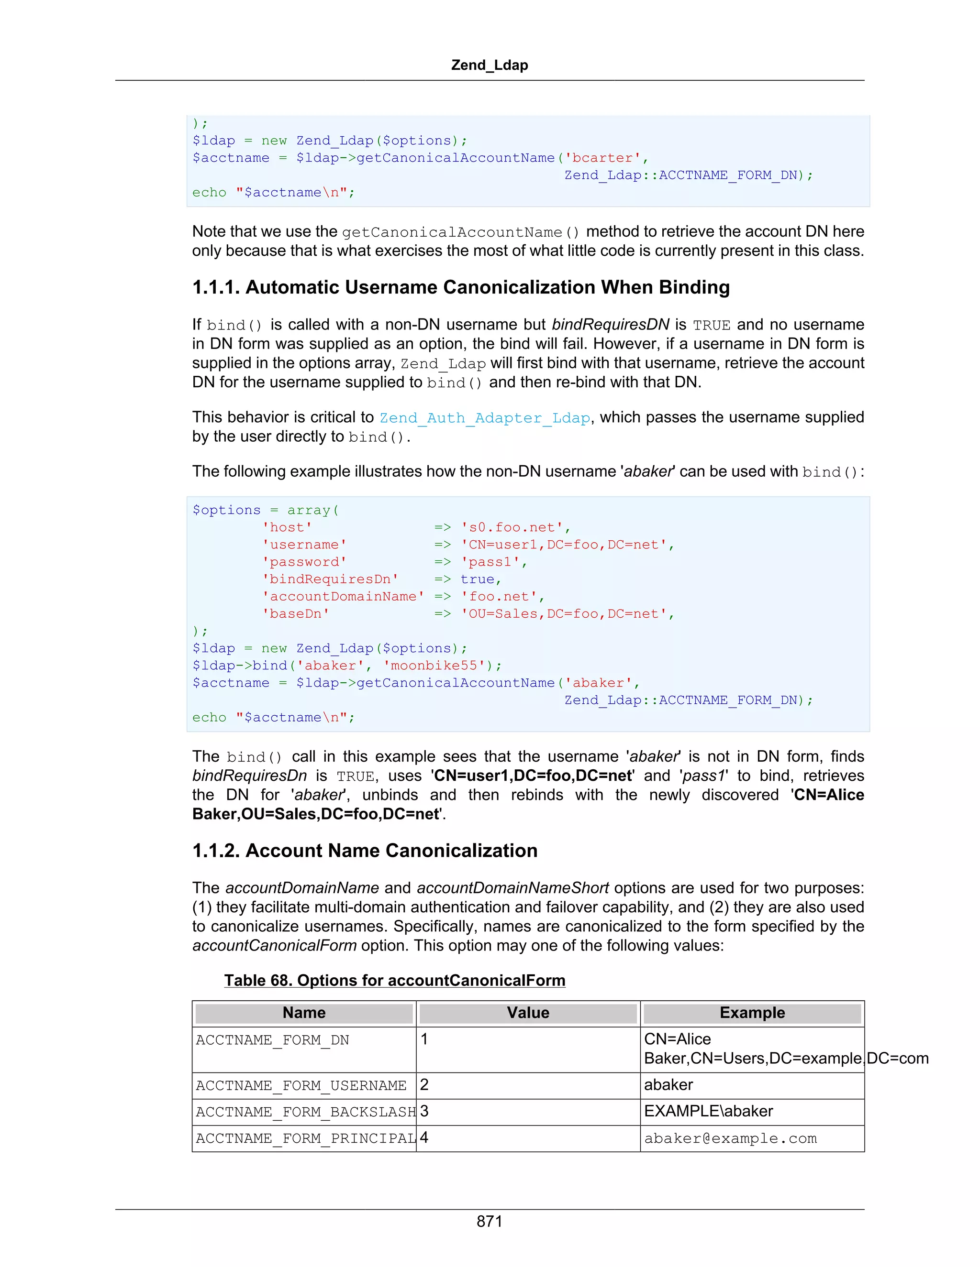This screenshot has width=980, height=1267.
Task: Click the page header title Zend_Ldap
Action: point(490,65)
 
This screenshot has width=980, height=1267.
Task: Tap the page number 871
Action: point(490,1221)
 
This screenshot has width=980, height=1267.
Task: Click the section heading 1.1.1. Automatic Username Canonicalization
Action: point(460,287)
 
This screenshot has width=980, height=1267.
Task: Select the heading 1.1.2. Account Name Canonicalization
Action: point(365,851)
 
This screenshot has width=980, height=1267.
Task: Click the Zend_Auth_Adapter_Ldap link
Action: point(485,418)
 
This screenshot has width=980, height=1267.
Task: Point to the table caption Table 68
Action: point(394,981)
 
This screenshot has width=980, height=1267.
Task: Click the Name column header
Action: point(304,1013)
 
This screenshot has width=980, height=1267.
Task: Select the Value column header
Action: point(528,1013)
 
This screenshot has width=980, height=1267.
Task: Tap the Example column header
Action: point(752,1013)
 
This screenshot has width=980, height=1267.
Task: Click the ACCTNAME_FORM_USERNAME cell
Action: point(301,1085)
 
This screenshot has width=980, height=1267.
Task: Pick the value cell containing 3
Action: point(424,1112)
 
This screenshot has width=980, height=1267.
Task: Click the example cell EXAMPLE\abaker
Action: point(708,1112)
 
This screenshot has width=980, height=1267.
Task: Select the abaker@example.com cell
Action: point(730,1138)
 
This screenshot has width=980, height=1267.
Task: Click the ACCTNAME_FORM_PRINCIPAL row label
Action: point(305,1138)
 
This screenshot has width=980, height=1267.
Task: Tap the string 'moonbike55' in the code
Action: point(438,666)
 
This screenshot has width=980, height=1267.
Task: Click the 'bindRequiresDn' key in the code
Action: point(330,579)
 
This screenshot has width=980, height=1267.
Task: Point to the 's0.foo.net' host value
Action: point(512,527)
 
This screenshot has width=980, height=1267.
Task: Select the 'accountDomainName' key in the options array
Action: point(343,596)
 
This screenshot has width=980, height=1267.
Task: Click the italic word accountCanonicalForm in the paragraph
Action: point(274,946)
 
